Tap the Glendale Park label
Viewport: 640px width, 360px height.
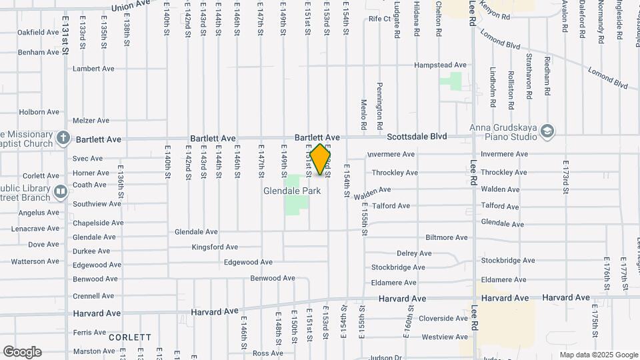pos(292,191)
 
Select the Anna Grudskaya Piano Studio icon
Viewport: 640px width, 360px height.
pos(547,129)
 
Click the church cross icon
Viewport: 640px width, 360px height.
pos(63,139)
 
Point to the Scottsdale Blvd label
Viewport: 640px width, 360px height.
pos(417,137)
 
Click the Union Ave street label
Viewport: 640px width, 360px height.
pos(131,6)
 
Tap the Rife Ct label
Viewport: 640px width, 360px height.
pos(379,19)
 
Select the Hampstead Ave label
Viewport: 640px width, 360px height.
pos(440,65)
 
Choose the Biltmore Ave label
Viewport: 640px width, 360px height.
pos(447,237)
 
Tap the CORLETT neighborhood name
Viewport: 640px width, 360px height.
pos(130,337)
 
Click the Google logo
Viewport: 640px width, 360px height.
pos(21,351)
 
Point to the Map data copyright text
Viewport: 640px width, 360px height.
pos(597,355)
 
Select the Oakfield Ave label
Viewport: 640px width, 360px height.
pos(38,32)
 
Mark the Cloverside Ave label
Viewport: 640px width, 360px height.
pos(443,319)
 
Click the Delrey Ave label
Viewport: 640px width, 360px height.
pos(414,253)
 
